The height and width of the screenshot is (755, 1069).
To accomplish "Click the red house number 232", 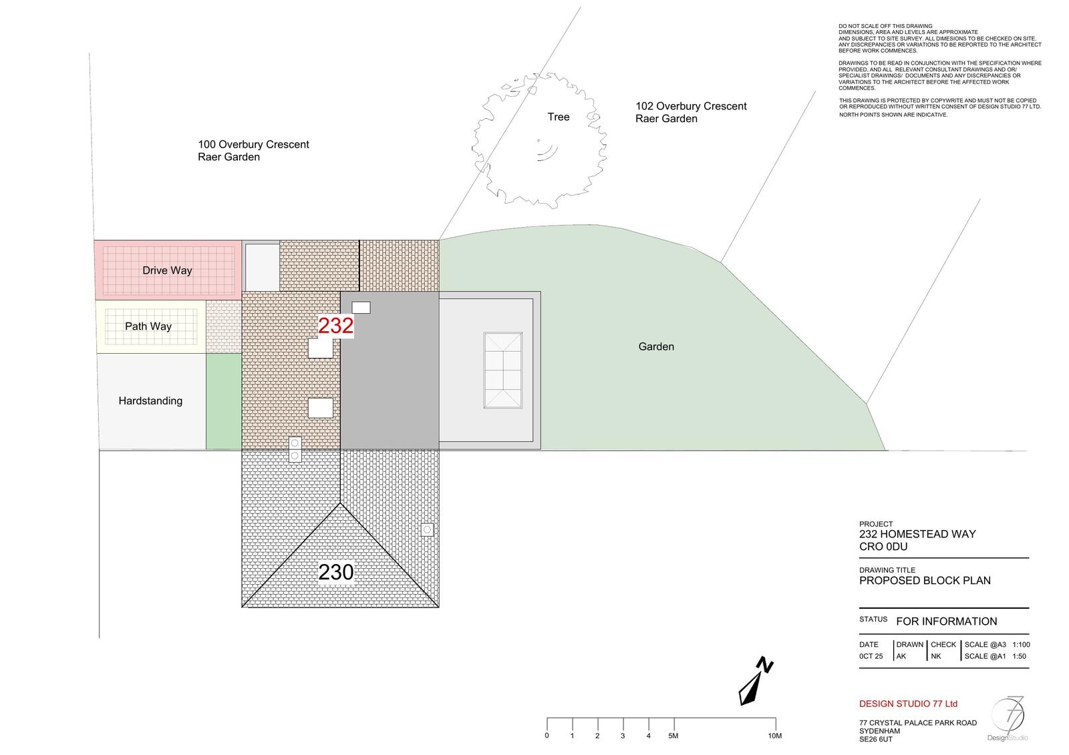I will (x=335, y=326).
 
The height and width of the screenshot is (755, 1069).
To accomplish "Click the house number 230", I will (x=335, y=572).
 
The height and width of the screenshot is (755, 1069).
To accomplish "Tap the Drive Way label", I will (x=167, y=270).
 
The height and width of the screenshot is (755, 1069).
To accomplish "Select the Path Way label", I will (x=148, y=326).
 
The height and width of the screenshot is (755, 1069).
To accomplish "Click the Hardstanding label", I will (x=150, y=401).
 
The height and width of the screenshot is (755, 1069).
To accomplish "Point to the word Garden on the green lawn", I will (x=656, y=346).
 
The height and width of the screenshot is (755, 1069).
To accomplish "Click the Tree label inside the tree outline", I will (x=559, y=117).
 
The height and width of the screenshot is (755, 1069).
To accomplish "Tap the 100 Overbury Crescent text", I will (x=253, y=144).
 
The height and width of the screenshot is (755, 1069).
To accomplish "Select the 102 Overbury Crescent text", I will (x=691, y=106).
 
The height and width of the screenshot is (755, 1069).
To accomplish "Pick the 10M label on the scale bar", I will (x=774, y=736).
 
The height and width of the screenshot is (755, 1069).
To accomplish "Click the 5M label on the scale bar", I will (x=673, y=736).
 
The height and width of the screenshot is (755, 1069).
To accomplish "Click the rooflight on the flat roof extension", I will (x=502, y=370).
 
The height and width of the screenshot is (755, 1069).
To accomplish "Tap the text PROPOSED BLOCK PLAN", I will (x=925, y=580).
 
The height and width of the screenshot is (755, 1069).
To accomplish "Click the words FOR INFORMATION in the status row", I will (x=946, y=621).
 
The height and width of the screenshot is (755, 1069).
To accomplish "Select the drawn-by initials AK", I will (x=901, y=656).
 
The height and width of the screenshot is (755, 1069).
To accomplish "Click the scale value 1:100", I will (x=1021, y=645).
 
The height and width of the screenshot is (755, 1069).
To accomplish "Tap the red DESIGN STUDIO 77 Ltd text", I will (x=908, y=704).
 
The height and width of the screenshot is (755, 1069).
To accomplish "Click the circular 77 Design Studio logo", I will (x=1008, y=718).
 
